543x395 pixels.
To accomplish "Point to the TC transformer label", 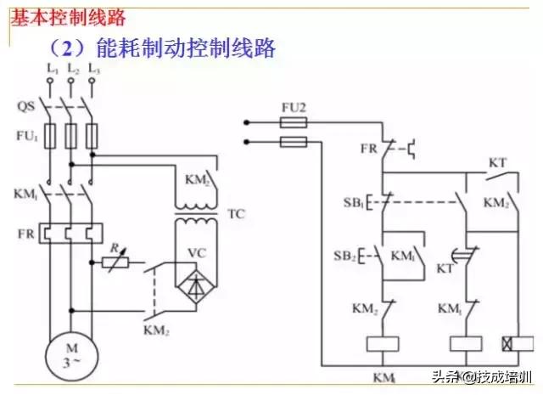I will pyautogui.click(x=236, y=214).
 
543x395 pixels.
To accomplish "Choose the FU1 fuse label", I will pyautogui.click(x=26, y=137).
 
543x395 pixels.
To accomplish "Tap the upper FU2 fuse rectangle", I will pyautogui.click(x=293, y=122).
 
